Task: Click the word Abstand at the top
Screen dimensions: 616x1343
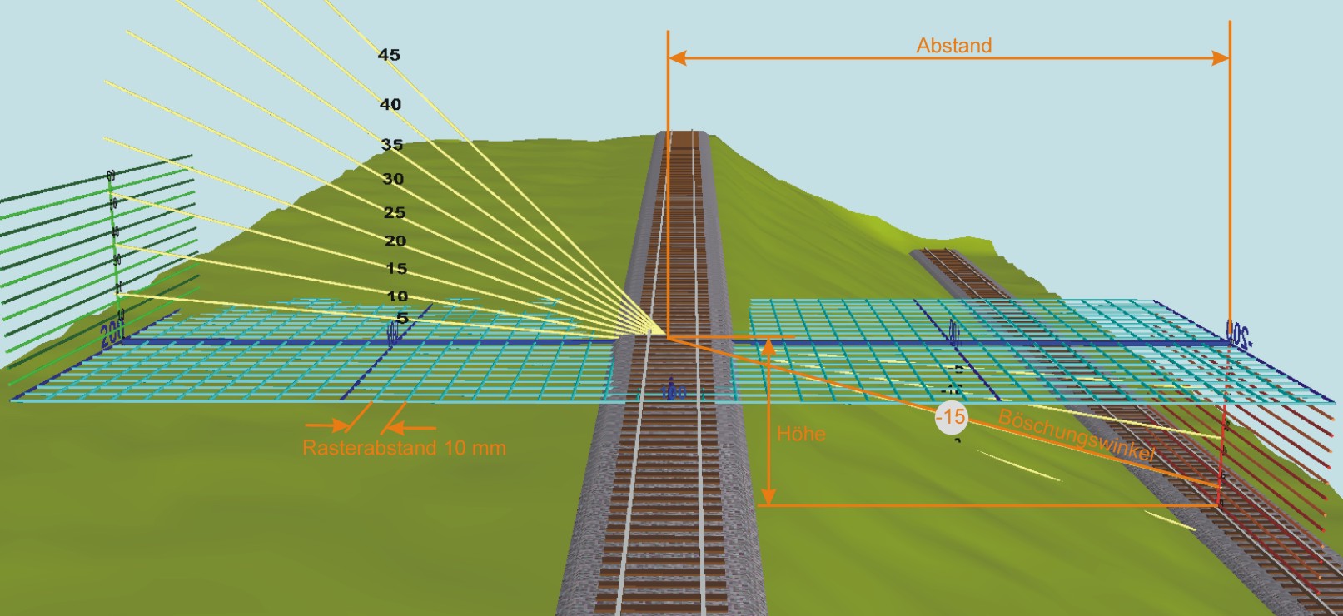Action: point(954,46)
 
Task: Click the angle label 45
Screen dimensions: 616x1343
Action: point(389,55)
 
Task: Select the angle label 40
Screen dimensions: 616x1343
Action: point(390,104)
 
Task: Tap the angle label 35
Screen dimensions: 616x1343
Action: point(392,145)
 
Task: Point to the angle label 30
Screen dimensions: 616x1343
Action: point(393,179)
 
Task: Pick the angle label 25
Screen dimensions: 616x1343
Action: point(395,213)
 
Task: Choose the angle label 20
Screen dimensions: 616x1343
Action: point(395,241)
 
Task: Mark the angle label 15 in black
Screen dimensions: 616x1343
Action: point(397,269)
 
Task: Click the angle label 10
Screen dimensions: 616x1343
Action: point(398,296)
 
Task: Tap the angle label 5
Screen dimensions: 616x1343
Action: point(403,318)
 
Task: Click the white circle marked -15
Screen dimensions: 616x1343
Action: point(951,416)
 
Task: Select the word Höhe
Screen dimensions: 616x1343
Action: point(801,434)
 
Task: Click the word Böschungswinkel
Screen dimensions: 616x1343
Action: point(1077,435)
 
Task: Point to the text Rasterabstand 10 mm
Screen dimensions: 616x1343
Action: point(404,448)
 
